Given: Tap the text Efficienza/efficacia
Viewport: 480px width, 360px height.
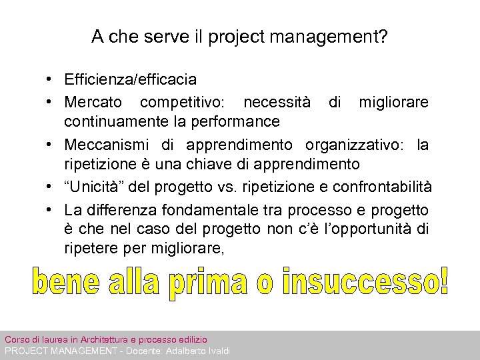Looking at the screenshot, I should click(131, 80).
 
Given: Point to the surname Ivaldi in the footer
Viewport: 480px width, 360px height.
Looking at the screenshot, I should click(217, 351).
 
